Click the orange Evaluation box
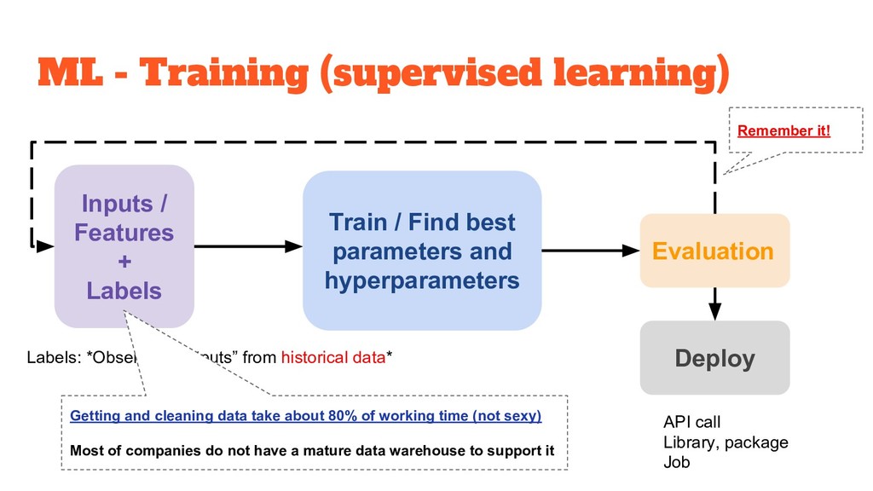click(x=714, y=251)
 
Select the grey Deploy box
click(x=714, y=358)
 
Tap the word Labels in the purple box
click(x=124, y=291)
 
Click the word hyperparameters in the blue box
click(x=422, y=280)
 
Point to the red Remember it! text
click(x=783, y=131)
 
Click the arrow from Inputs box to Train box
click(x=248, y=246)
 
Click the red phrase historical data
click(x=333, y=357)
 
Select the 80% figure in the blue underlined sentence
click(x=339, y=416)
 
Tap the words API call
click(x=691, y=422)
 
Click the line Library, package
click(x=726, y=442)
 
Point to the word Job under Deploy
click(x=676, y=463)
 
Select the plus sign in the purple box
click(x=124, y=262)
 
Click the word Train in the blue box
click(x=357, y=223)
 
